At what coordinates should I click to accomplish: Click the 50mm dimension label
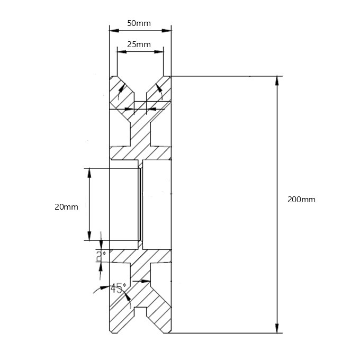(140, 23)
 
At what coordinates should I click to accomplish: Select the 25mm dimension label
(140, 44)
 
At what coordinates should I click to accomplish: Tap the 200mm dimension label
(301, 200)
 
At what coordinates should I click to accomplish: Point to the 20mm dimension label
(66, 207)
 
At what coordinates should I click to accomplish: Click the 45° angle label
(119, 289)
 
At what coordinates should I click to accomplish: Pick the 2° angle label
(101, 257)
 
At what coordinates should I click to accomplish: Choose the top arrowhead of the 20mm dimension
(89, 171)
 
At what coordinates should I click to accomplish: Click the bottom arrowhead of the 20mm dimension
(89, 237)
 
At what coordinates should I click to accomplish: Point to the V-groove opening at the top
(140, 85)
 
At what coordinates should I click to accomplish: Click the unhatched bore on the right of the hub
(157, 204)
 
